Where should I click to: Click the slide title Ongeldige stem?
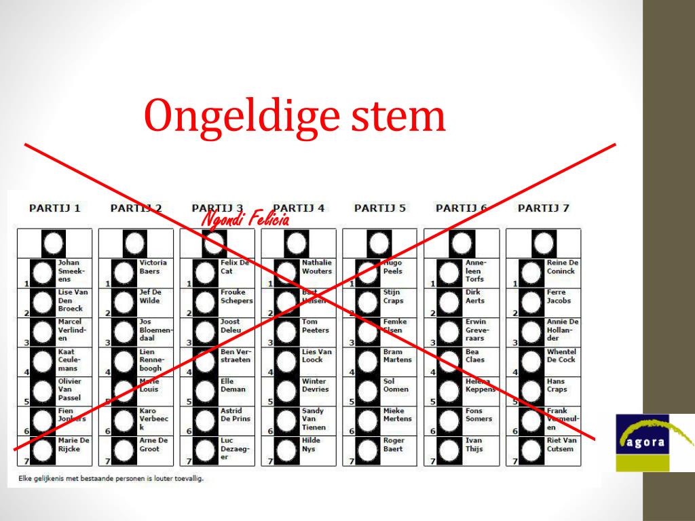[x=295, y=116]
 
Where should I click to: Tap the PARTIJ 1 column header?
[x=55, y=208]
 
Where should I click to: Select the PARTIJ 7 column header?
[x=543, y=208]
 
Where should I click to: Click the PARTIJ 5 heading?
[x=380, y=208]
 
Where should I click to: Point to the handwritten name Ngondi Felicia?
[x=246, y=219]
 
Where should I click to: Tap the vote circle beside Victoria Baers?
[x=124, y=273]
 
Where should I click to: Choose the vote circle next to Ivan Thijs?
[x=449, y=450]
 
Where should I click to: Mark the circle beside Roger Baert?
[x=368, y=450]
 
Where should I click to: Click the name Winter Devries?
[x=314, y=385]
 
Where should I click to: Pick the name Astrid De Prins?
[x=235, y=414]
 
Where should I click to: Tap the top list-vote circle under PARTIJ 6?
[x=461, y=243]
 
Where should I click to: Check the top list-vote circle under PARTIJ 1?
[x=54, y=243]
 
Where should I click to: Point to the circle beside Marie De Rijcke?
[x=42, y=450]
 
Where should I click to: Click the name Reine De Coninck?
[x=562, y=267]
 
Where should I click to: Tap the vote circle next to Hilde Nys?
[x=286, y=450]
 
